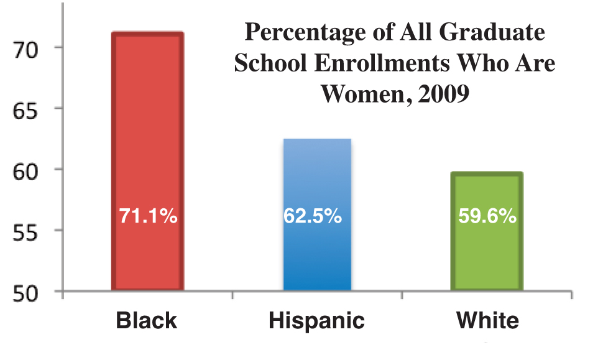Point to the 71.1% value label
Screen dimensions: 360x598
(x=148, y=216)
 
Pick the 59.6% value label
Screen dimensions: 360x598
(x=487, y=216)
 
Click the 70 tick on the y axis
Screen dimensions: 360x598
(x=29, y=48)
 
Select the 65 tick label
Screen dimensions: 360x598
(x=29, y=109)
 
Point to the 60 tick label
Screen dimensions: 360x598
(x=29, y=170)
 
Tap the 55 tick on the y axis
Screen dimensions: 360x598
(x=29, y=231)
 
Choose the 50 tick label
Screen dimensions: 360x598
(x=29, y=292)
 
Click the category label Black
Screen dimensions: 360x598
(x=147, y=321)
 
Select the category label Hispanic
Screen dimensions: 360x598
(x=316, y=321)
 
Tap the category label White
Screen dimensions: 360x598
(x=487, y=321)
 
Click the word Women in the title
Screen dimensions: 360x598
(x=359, y=95)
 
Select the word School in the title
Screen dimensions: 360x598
(x=269, y=64)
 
